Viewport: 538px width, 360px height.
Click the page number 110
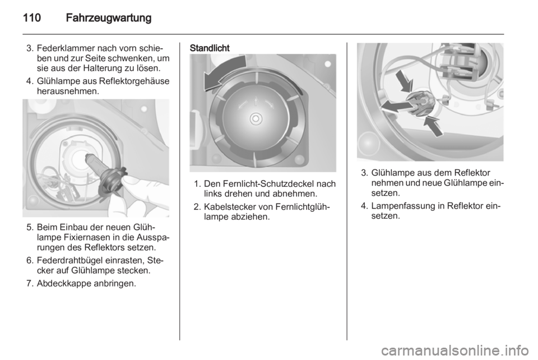(x=32, y=18)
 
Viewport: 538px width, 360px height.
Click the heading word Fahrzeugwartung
(x=108, y=18)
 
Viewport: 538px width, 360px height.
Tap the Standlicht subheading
(x=209, y=48)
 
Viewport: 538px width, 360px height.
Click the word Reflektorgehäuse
(x=134, y=81)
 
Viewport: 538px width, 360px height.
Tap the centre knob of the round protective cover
(x=256, y=119)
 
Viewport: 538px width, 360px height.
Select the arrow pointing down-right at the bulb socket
(x=404, y=81)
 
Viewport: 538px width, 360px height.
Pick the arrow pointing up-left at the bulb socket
(x=433, y=126)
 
